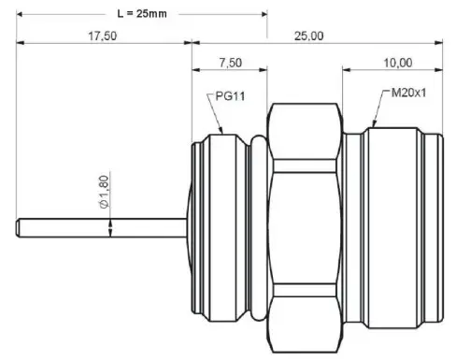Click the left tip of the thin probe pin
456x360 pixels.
(x=20, y=226)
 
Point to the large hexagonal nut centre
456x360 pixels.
(x=305, y=226)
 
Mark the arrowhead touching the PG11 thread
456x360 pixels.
(x=222, y=133)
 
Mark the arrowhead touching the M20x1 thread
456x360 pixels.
(x=374, y=125)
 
